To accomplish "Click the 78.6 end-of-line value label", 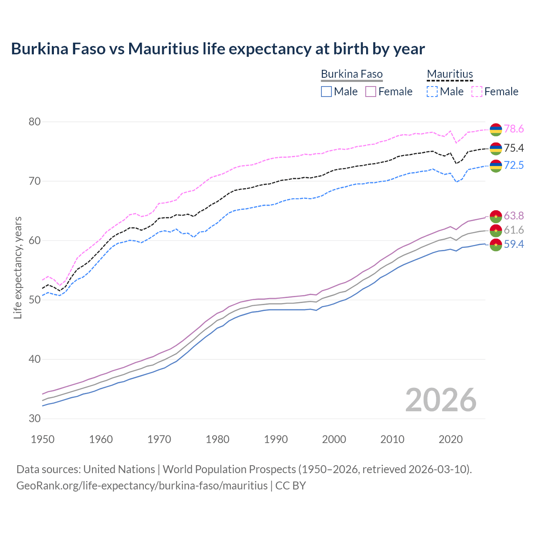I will (514, 129).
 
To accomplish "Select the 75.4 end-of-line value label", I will (514, 148).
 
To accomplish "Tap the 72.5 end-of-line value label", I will (514, 166).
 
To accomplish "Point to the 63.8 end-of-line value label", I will (514, 216).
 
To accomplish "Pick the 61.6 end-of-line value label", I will (514, 230).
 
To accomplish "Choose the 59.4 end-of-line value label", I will (514, 245).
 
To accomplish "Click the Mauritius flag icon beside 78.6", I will (496, 130).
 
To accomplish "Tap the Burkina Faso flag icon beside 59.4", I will (496, 245).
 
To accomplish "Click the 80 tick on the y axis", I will (34, 122).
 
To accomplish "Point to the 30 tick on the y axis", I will (34, 419).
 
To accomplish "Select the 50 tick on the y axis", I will (34, 300).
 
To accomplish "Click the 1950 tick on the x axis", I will (43, 439).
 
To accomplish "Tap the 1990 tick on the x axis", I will (276, 439).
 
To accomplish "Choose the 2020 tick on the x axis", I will (451, 439).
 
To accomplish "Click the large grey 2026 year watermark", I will (441, 400).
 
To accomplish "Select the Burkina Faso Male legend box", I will (326, 92).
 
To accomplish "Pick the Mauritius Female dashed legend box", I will (477, 92).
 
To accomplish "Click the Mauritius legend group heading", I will (450, 74).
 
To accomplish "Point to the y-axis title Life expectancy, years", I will (18, 267).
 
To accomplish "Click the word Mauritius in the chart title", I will (163, 49).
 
